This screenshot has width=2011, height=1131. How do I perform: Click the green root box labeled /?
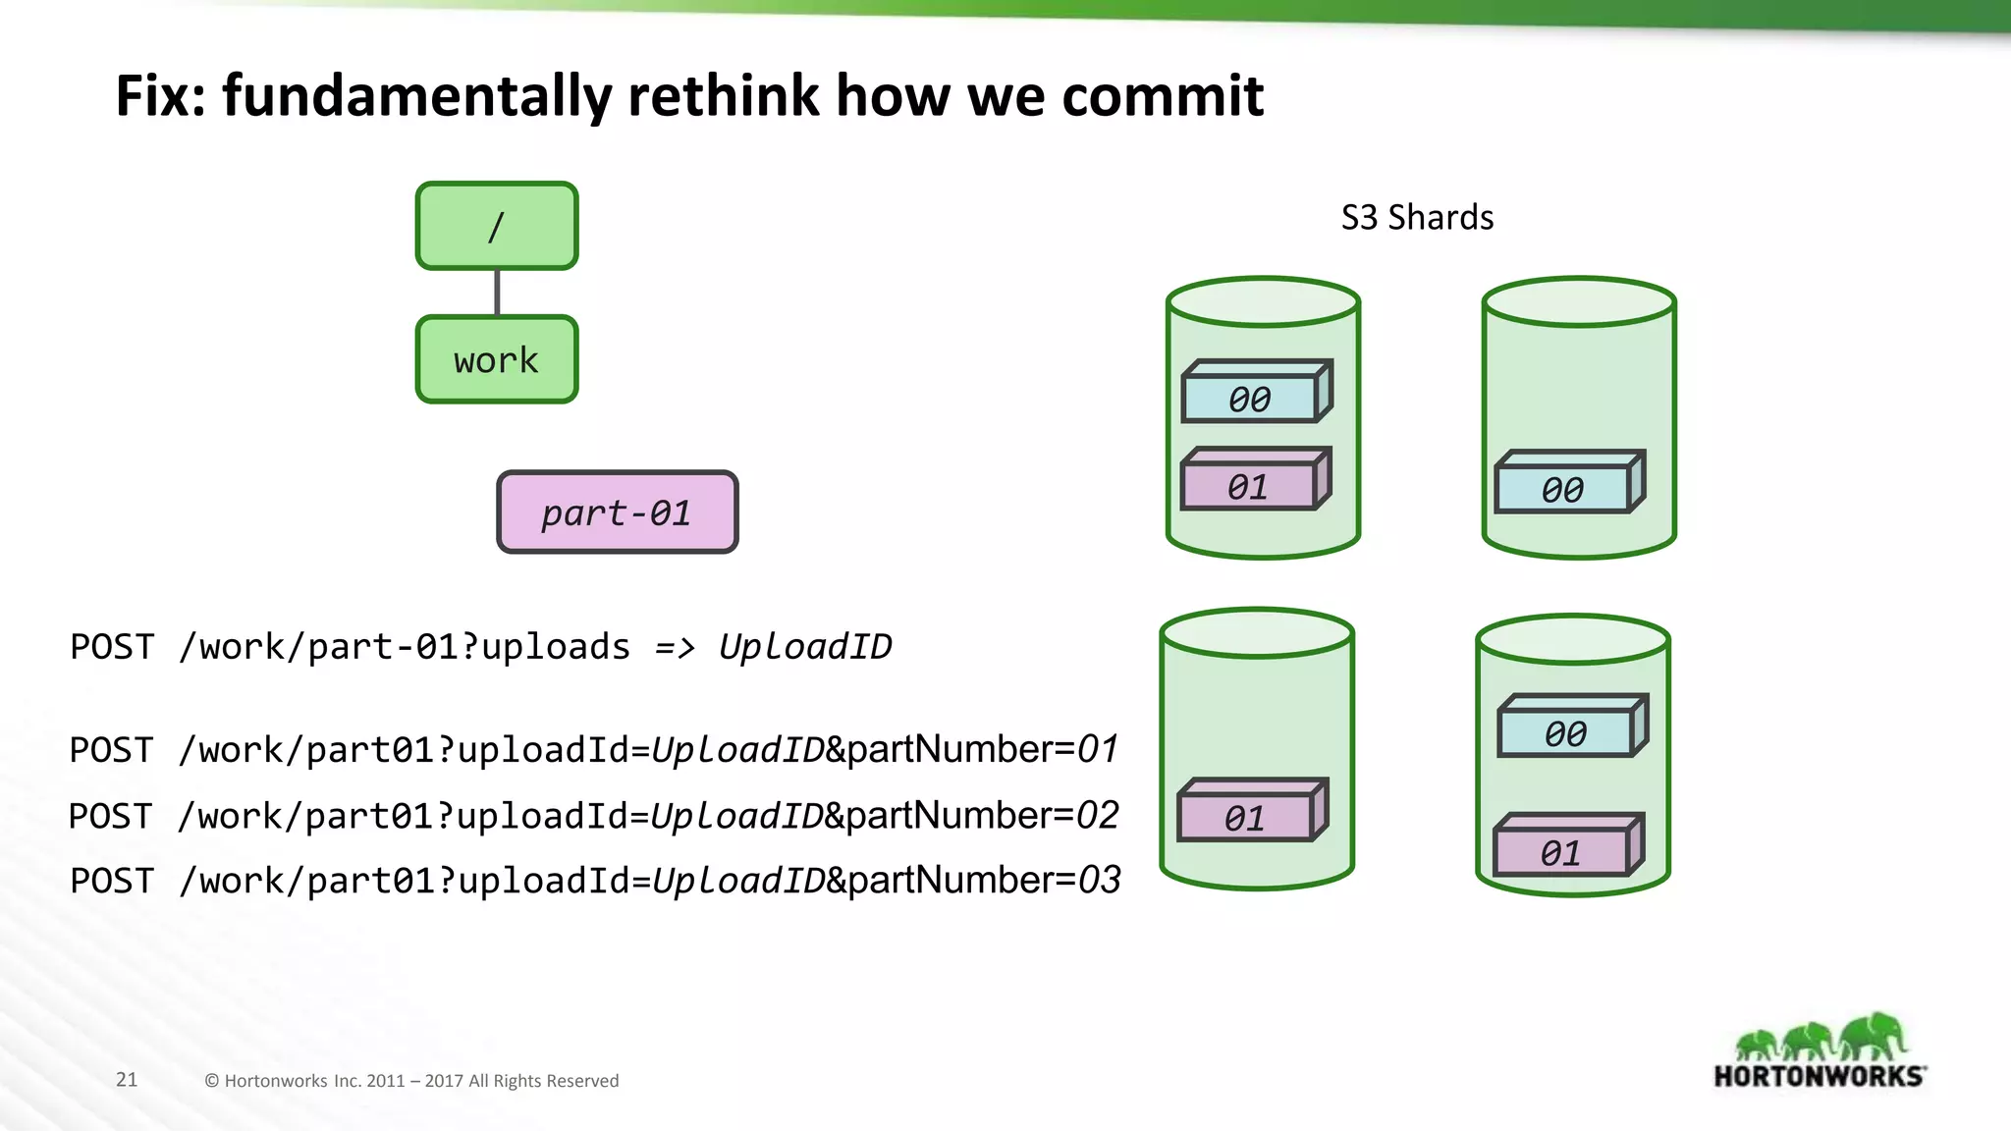[x=497, y=226]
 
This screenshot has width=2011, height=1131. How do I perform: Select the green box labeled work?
[x=497, y=359]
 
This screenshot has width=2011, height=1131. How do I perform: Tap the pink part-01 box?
[x=617, y=512]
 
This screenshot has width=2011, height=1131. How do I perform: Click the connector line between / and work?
[x=497, y=293]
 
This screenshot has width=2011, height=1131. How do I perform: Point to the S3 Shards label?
[x=1417, y=217]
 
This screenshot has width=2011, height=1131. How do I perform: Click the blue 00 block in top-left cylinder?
[x=1250, y=398]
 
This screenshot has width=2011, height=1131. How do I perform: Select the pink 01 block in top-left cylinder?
[x=1249, y=486]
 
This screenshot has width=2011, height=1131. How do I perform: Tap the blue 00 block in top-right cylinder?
[x=1563, y=488]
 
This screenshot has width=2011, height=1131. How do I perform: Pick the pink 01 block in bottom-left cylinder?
[x=1245, y=817]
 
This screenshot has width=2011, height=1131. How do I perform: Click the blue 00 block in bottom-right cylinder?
[x=1566, y=732]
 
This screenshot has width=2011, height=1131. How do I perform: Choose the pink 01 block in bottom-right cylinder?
[x=1561, y=852]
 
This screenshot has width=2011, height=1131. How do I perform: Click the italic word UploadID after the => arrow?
[x=805, y=647]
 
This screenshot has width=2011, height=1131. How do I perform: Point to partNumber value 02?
[x=1098, y=816]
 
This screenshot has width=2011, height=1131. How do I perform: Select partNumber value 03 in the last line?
[x=1100, y=881]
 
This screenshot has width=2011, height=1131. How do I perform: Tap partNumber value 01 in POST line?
[x=1098, y=750]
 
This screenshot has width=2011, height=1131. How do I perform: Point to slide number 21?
[x=127, y=1080]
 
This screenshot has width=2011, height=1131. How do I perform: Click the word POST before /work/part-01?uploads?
[x=112, y=647]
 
